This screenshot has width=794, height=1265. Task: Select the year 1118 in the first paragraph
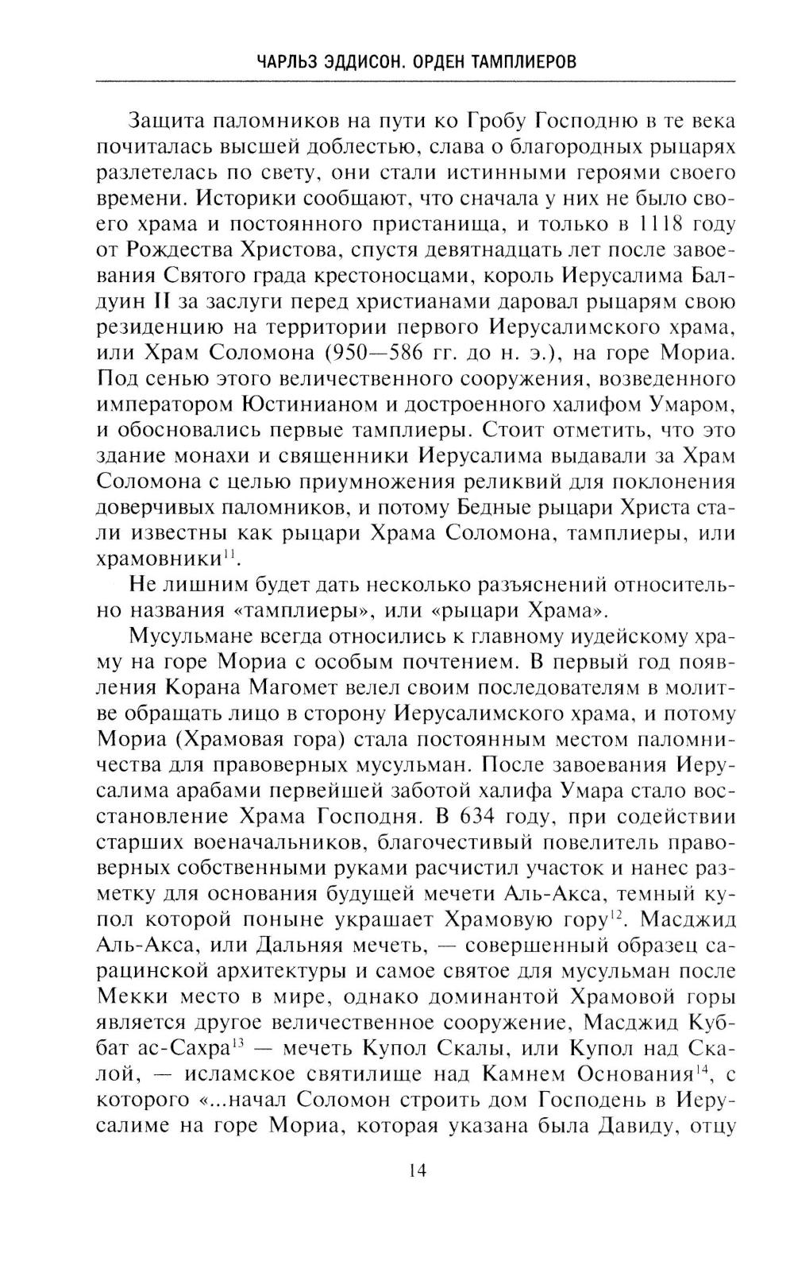coord(635,225)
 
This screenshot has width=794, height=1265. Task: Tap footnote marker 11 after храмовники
coord(230,555)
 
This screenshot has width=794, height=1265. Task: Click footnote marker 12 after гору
coord(615,918)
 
